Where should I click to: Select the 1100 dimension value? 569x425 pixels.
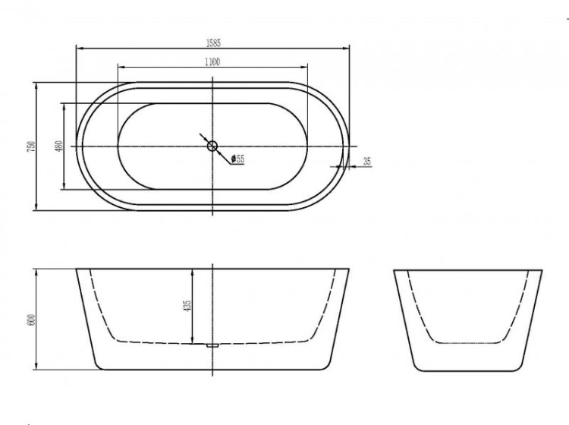coord(212,62)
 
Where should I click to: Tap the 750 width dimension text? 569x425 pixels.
coord(30,146)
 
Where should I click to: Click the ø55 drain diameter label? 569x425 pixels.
coord(238,159)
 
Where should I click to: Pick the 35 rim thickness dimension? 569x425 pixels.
coord(366,161)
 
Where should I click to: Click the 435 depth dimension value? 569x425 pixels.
coord(187,305)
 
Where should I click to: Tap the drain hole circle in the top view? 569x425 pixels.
coord(212,145)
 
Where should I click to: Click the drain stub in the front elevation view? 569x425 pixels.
coord(212,345)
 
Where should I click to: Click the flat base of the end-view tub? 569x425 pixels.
coord(468,370)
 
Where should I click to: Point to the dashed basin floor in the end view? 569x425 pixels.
coord(468,339)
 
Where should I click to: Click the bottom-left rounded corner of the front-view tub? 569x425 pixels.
coord(100,364)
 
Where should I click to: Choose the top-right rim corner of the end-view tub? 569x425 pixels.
coord(542,269)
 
